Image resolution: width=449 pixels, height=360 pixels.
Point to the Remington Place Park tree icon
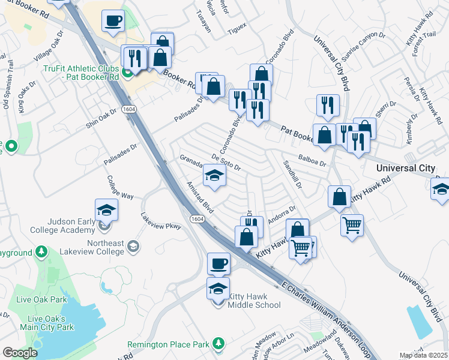pos(219,344)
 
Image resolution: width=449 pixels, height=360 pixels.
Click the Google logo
pos(20,352)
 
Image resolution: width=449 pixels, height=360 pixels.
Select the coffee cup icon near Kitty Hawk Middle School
pos(218,263)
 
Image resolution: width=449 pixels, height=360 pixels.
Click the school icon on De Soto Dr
pos(214,176)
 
